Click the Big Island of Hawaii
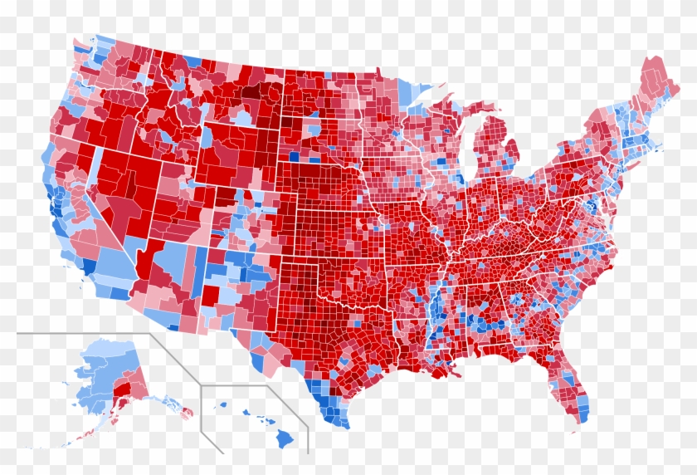click(x=285, y=437)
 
